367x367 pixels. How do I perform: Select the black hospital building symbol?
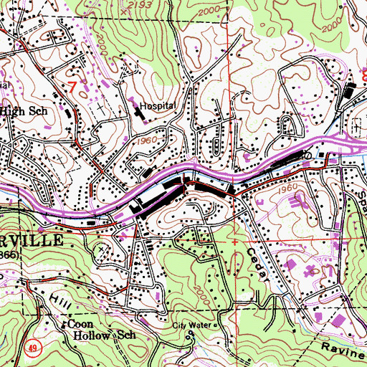[x=139, y=112]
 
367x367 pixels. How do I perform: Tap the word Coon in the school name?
[x=82, y=323]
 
